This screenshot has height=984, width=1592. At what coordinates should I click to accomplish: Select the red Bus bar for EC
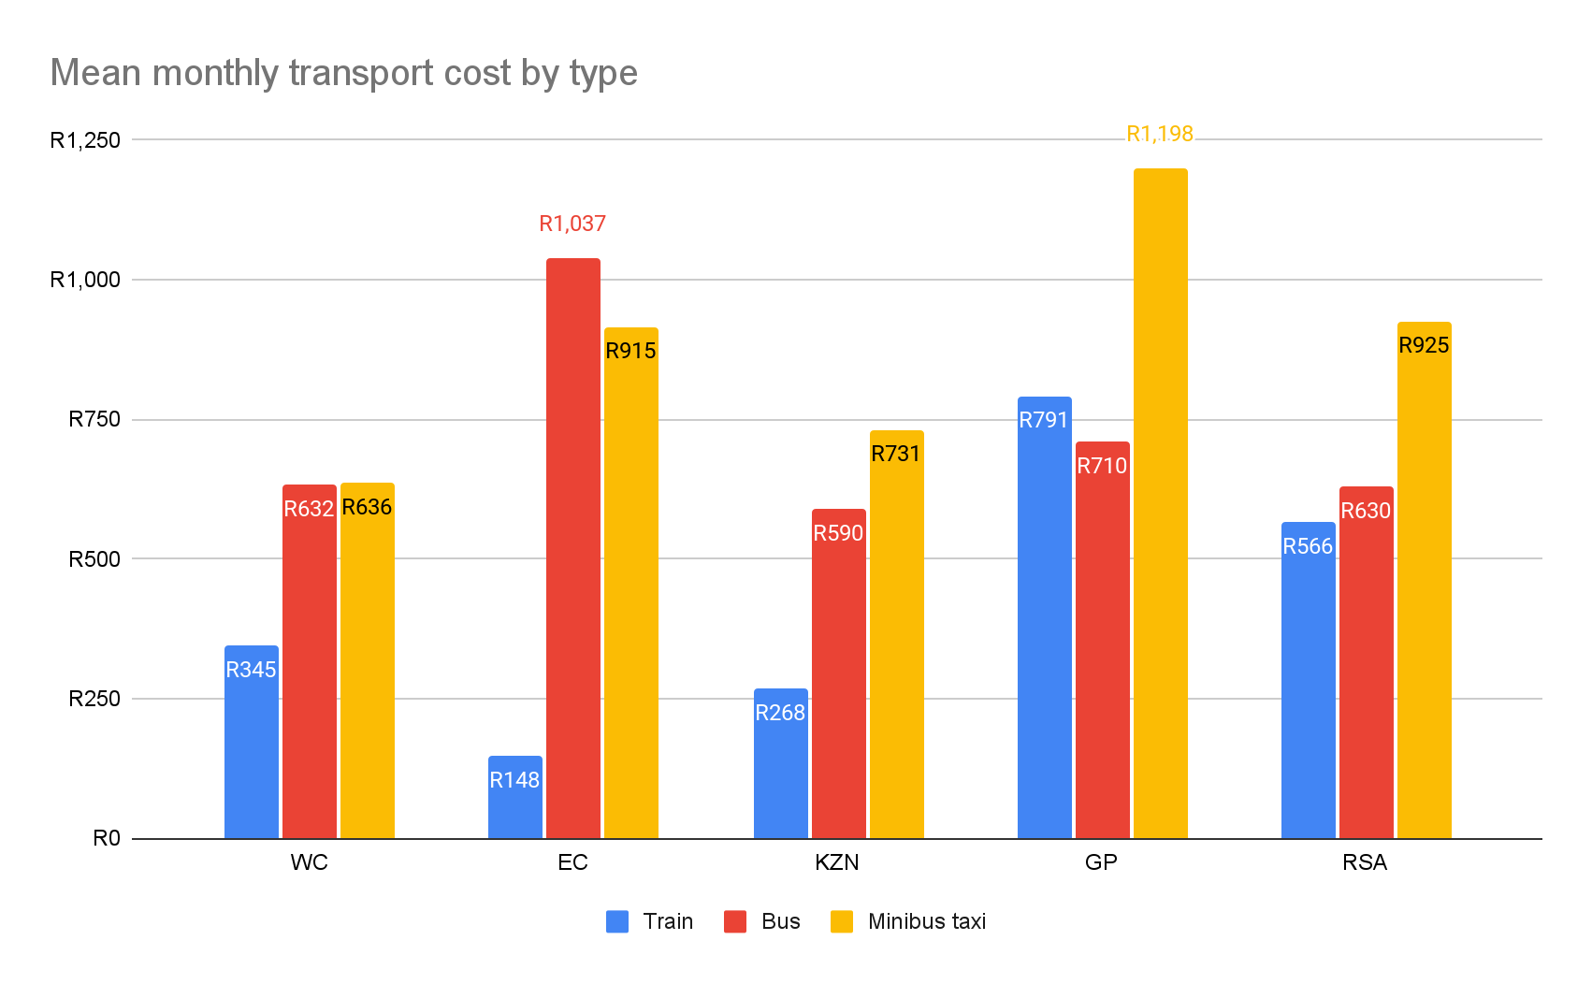(x=572, y=561)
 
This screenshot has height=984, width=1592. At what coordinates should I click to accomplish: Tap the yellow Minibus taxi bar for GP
(x=1160, y=505)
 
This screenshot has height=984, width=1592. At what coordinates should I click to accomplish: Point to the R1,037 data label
(x=572, y=224)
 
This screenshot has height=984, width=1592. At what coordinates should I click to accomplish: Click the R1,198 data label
(x=1160, y=135)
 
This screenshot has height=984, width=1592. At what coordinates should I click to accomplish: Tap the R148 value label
(x=514, y=780)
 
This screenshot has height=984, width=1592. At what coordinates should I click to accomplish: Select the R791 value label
(x=1044, y=420)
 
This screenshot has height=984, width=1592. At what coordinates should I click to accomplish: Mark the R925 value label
(x=1424, y=345)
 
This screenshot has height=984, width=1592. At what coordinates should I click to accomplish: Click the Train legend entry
(x=650, y=921)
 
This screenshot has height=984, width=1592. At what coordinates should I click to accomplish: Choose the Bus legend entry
(x=763, y=921)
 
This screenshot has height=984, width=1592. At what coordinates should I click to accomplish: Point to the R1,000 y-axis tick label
(x=85, y=280)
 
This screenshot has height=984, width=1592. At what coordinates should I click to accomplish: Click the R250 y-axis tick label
(x=94, y=699)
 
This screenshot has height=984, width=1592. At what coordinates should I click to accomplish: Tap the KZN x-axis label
(x=837, y=862)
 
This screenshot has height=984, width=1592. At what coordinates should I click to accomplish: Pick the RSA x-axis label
(x=1365, y=862)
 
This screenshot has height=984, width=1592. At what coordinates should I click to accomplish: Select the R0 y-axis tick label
(x=107, y=838)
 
